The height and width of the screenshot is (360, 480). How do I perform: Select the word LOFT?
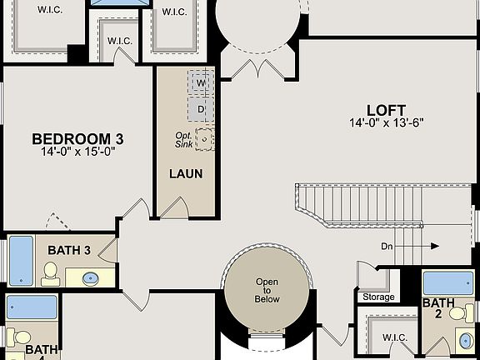click(386, 110)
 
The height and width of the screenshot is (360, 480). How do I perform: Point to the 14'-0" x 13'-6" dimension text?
click(386, 123)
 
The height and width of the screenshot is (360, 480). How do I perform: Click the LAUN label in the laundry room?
click(185, 174)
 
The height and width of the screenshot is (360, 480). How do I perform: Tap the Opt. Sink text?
click(183, 140)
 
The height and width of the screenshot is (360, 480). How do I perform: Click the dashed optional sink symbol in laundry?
click(204, 138)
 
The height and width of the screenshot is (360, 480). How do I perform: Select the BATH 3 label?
click(69, 250)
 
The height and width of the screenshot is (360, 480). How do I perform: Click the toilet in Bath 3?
click(51, 271)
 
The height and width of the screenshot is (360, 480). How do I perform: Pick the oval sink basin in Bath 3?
click(92, 277)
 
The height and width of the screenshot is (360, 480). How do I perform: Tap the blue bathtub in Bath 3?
click(20, 261)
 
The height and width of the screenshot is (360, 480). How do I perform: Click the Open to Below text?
click(267, 290)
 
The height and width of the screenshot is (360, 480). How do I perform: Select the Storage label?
click(377, 297)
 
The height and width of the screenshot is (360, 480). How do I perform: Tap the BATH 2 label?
click(437, 308)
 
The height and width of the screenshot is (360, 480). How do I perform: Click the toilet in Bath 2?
click(457, 313)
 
